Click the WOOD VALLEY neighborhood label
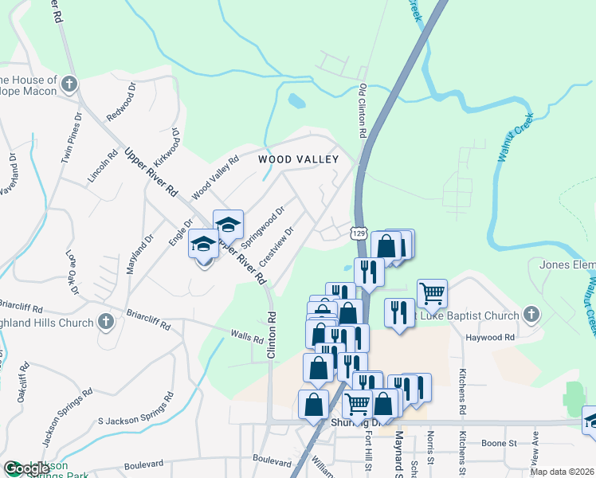click(299, 159)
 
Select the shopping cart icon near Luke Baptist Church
click(432, 292)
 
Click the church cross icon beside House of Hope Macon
click(69, 83)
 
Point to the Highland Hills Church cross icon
click(104, 322)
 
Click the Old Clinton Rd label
click(363, 112)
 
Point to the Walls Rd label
click(246, 339)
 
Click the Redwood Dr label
click(122, 102)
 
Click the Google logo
click(25, 468)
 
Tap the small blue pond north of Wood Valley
click(296, 101)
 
